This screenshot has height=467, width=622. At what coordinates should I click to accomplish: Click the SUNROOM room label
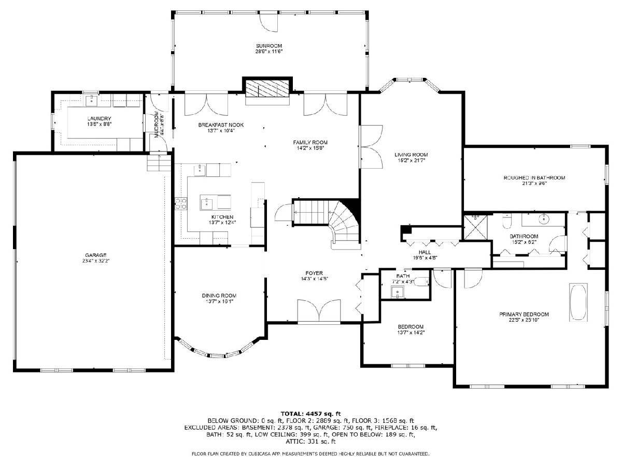269,46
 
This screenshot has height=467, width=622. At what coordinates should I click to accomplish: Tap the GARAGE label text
96,255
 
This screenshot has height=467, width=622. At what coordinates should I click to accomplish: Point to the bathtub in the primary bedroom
578,303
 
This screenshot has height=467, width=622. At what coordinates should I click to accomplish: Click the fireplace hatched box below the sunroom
267,88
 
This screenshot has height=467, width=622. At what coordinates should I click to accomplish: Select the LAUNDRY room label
99,118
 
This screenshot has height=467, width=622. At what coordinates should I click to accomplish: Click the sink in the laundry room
92,100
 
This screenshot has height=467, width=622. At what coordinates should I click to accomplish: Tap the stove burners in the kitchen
181,203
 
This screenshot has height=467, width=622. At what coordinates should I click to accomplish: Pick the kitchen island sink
207,204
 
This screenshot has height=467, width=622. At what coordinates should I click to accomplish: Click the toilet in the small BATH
422,282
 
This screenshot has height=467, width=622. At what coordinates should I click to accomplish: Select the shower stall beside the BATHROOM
476,227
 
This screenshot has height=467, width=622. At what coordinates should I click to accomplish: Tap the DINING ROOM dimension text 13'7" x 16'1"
220,301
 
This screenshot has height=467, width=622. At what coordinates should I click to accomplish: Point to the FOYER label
314,273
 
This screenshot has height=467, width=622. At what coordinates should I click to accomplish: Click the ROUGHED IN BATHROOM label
534,178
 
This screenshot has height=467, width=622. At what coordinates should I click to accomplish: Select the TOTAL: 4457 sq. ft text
311,414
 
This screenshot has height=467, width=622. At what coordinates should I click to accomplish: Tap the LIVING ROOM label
411,155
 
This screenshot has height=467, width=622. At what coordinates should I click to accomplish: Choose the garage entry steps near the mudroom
159,163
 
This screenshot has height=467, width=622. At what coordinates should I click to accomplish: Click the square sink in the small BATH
398,292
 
